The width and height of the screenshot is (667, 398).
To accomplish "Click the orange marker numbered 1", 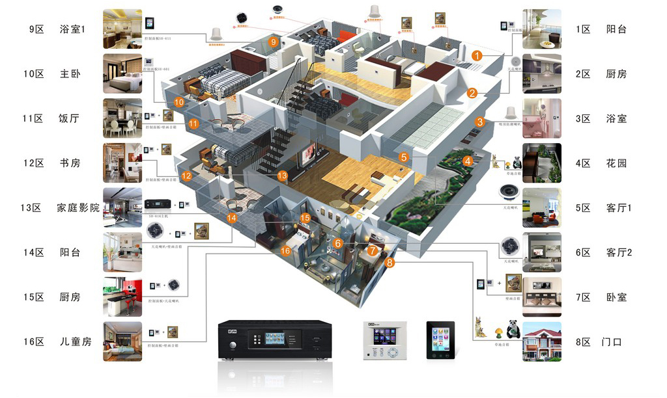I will coord(477,56).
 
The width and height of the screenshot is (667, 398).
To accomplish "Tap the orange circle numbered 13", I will coord(282,176).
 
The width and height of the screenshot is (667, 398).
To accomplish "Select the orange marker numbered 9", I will coord(274,42).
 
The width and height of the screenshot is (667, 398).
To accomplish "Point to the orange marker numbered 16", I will coord(285,251).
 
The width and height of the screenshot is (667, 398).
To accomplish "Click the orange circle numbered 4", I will coord(468,161).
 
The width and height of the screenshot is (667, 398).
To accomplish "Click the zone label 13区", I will coord(31,208).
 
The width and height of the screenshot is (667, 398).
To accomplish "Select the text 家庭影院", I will coord(78,208).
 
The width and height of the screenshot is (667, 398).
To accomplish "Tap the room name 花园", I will coord(616,163).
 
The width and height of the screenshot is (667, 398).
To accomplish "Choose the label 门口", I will coord(612,341).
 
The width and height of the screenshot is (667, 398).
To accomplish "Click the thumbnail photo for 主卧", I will coord(122,74).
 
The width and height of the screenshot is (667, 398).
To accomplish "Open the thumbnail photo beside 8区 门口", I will coord(541,341).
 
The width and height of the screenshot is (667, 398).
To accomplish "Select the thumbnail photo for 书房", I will coord(122,163).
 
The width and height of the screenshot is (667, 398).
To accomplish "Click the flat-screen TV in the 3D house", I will coord(307,155).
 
